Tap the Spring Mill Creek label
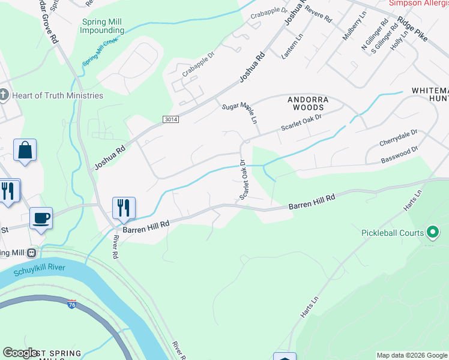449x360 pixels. [x=100, y=52]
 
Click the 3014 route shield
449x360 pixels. [x=170, y=120]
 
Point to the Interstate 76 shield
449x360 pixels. [x=72, y=304]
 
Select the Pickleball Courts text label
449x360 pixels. [x=392, y=232]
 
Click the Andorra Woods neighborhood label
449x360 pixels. [x=309, y=103]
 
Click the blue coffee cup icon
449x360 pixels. [x=41, y=218]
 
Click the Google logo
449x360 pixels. [x=20, y=353]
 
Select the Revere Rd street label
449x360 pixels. [x=318, y=14]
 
